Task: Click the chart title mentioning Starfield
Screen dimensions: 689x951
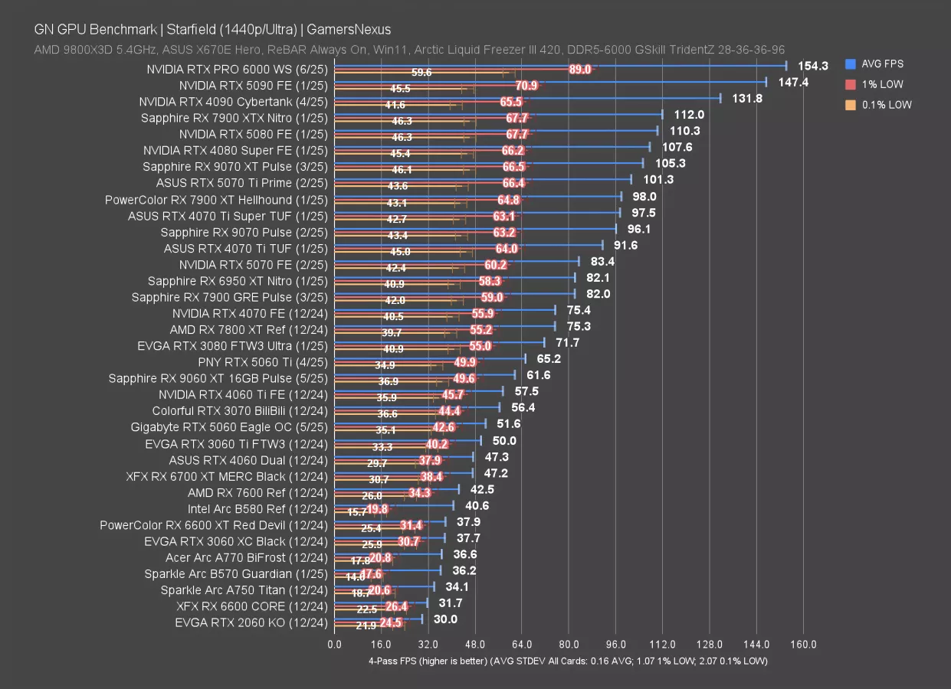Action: [212, 30]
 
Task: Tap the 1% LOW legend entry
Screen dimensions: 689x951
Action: [882, 84]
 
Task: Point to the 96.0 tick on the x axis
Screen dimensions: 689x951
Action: [615, 644]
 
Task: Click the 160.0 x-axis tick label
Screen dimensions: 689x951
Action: [803, 644]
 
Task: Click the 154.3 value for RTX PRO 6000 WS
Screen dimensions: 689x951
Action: [812, 66]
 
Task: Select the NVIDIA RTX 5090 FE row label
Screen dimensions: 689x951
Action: [253, 86]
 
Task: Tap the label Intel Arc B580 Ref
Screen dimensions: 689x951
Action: [257, 509]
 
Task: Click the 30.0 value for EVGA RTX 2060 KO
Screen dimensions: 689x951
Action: [445, 619]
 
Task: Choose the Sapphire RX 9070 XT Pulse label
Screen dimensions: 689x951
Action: [235, 167]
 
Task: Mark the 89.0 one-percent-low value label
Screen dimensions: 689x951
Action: [579, 70]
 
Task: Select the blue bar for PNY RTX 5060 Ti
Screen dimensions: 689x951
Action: [429, 358]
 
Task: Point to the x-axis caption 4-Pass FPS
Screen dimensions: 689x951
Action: [567, 661]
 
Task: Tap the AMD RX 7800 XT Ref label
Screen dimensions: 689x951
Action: [248, 330]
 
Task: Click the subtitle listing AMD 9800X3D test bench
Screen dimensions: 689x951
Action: [408, 49]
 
